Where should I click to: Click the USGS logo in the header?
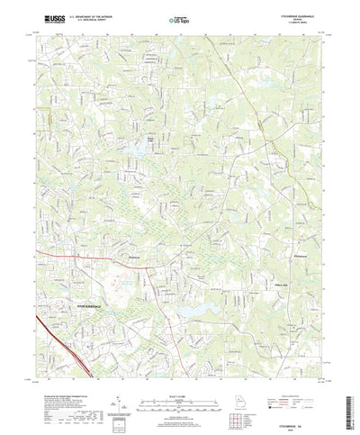pos(51,17)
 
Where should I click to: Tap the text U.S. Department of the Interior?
pos(94,14)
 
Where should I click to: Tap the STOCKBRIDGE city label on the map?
pos(84,307)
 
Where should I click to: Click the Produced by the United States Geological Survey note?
pos(72,387)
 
